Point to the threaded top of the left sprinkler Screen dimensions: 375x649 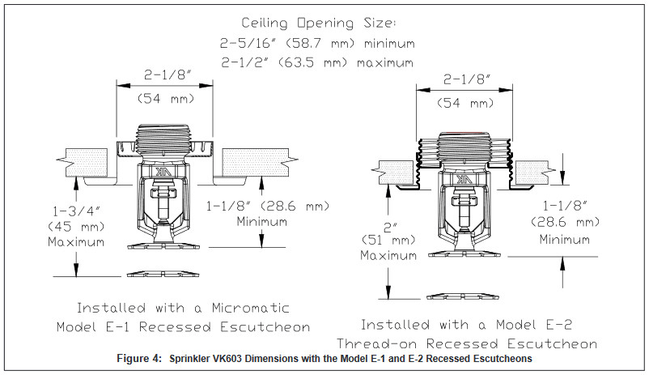[x=164, y=134]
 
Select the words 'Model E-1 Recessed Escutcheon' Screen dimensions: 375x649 [x=183, y=327]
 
